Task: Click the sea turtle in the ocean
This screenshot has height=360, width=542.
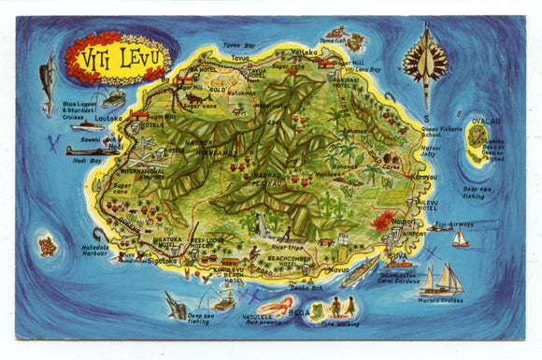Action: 47,246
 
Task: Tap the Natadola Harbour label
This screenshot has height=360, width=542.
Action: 94,251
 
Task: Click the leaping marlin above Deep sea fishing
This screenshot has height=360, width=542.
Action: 176,303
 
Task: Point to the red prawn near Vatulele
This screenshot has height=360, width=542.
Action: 278,306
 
